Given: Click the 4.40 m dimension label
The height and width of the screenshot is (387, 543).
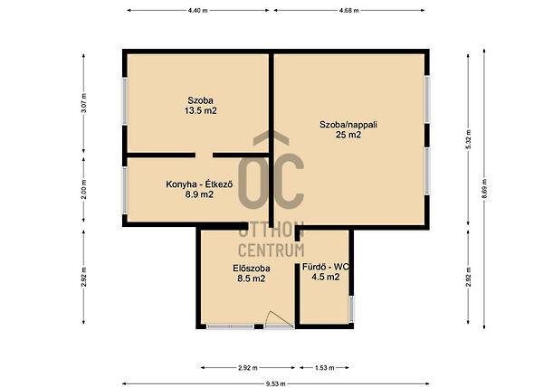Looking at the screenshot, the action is click(197, 10).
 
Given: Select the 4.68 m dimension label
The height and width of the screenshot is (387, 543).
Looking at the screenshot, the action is click(349, 10).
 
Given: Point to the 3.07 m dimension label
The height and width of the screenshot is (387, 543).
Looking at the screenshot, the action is click(84, 103).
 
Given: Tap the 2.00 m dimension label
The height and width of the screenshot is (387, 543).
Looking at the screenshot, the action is click(84, 190).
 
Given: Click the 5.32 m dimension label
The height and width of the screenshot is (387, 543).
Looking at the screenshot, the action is click(468, 139).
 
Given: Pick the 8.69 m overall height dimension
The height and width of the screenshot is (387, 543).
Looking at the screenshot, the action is click(484, 188).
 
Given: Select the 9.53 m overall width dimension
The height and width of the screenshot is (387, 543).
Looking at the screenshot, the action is click(276, 383).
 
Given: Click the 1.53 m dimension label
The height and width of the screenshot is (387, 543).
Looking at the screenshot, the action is click(325, 368).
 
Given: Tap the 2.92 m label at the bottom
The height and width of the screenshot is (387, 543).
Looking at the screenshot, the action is click(248, 368).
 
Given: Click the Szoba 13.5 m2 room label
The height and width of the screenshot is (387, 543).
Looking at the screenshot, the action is click(201, 106).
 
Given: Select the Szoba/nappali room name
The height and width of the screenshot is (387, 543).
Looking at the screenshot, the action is click(348, 125).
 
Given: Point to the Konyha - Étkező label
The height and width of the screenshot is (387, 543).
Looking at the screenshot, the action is click(199, 184).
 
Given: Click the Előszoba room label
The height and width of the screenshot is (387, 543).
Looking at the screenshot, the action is click(252, 269).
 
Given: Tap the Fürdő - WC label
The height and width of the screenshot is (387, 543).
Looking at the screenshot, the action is click(326, 267).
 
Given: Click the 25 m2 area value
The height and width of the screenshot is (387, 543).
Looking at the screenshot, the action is click(348, 135).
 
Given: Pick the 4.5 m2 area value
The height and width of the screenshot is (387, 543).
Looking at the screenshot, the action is click(326, 277).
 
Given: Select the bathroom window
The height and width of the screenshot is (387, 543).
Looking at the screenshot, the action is click(351, 308).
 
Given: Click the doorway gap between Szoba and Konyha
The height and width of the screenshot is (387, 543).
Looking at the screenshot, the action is click(204, 155).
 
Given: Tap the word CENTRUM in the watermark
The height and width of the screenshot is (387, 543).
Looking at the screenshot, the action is click(271, 250).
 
